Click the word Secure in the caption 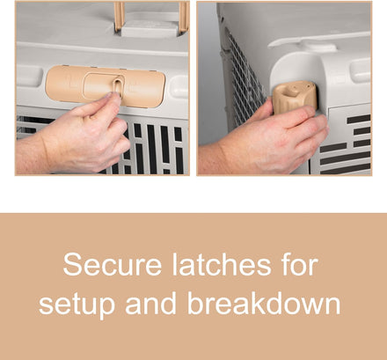pyautogui.click(x=113, y=265)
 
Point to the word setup pyautogui.click(x=77, y=305)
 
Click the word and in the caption pyautogui.click(x=150, y=303)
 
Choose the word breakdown pyautogui.click(x=264, y=303)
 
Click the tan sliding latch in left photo pyautogui.click(x=106, y=86)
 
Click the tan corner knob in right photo pyautogui.click(x=295, y=97)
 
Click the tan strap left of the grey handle pyautogui.click(x=120, y=16)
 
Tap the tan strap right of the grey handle pyautogui.click(x=183, y=16)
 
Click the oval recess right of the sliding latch pyautogui.click(x=179, y=87)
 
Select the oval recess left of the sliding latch pyautogui.click(x=28, y=76)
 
